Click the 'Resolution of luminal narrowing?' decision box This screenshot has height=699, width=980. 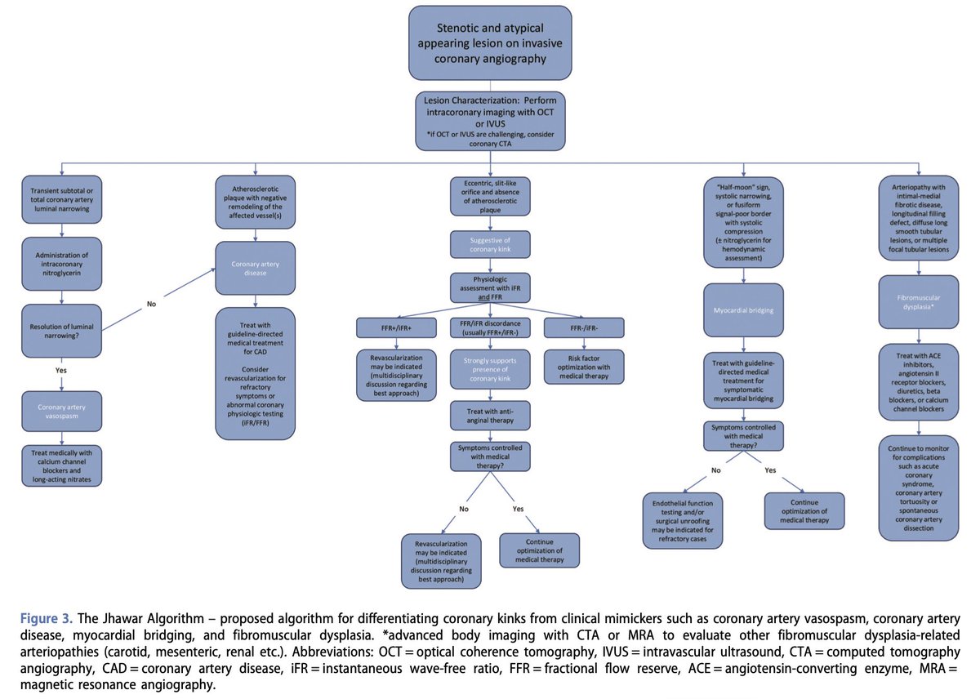point(62,331)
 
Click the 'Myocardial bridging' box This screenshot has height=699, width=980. point(742,310)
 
